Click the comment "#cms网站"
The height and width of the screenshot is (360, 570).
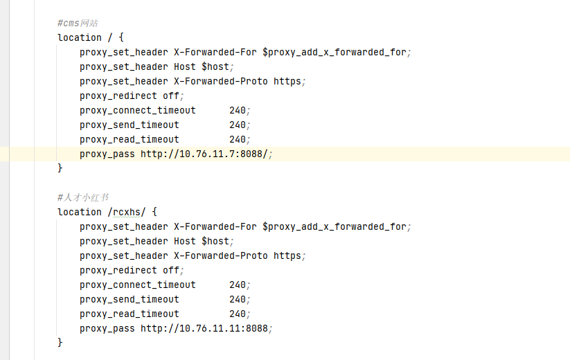point(78,24)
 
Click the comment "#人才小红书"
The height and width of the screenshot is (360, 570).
point(83,197)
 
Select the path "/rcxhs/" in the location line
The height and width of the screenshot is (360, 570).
point(127,212)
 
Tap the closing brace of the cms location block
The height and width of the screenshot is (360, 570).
point(60,168)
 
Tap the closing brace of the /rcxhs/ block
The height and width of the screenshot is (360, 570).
point(60,343)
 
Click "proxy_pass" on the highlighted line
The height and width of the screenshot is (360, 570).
point(107,154)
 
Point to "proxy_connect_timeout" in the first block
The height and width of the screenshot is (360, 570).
point(138,111)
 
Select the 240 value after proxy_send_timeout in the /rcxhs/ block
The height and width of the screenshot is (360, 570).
point(238,299)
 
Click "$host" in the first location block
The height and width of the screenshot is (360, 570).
point(215,67)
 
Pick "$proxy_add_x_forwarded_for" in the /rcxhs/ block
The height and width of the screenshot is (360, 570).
point(335,227)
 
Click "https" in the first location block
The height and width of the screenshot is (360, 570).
point(287,82)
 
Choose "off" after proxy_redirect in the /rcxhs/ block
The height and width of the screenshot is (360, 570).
point(171,270)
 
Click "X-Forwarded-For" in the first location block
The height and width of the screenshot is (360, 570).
point(215,53)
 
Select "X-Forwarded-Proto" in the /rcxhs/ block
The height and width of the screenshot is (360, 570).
point(221,255)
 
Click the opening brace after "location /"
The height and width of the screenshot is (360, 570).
point(121,37)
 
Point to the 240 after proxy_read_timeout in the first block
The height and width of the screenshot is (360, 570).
point(238,139)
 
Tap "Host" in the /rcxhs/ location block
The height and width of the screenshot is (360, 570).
point(185,241)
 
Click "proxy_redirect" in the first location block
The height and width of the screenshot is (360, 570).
point(118,96)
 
